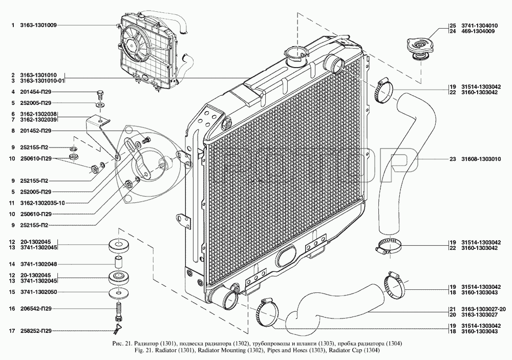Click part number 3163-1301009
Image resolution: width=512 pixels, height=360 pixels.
point(38,25)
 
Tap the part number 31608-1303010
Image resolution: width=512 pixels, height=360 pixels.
point(481,159)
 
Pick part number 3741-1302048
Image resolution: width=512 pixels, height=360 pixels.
point(38,264)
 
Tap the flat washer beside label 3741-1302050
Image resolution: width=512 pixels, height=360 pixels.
point(119,293)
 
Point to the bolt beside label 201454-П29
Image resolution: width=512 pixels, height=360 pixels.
point(100,95)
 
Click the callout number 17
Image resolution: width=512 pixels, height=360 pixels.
point(12,331)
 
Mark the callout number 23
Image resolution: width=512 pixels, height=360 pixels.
point(452,159)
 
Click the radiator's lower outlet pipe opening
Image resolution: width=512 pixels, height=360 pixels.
point(230,300)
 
